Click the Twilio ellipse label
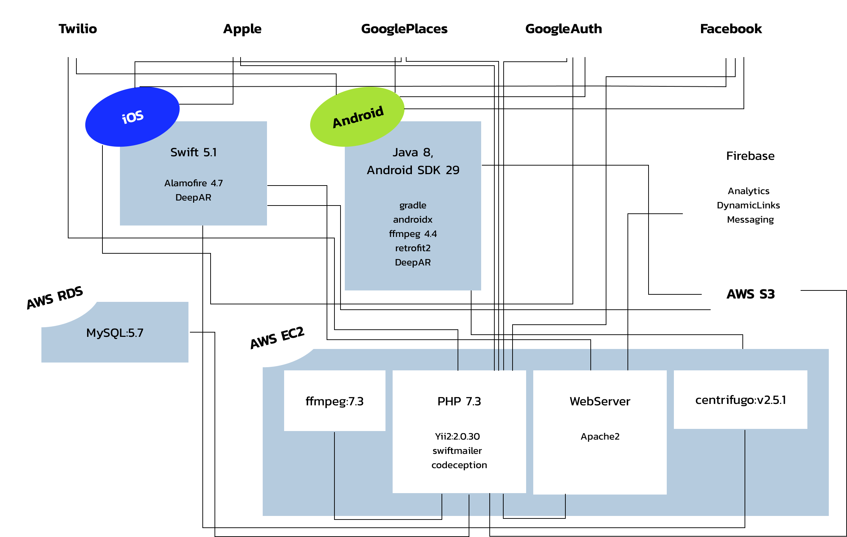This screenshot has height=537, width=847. coord(78,29)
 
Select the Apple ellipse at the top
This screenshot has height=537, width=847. coord(242,29)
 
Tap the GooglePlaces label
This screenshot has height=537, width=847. coord(404,29)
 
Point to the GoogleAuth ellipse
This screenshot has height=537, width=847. coord(564,29)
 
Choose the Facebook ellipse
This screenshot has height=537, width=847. coord(731,29)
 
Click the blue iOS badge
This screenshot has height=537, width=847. coord(132,117)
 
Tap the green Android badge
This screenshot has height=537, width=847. coord(357,117)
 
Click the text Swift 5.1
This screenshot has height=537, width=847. coord(193,152)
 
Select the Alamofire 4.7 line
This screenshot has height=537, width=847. coord(193,183)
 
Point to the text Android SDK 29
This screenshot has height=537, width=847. coord(413,170)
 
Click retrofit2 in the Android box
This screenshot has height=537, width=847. coord(413,248)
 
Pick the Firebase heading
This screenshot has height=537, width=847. coord(750,156)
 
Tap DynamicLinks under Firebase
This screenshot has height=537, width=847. coord(748,205)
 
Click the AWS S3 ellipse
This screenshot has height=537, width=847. coord(750,294)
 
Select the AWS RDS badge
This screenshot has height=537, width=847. coord(54,297)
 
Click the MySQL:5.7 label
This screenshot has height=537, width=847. coord(115,333)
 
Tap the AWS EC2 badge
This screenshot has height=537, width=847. coord(277,337)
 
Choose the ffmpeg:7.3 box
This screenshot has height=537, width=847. coord(334,401)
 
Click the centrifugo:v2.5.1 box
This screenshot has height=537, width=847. coord(740,400)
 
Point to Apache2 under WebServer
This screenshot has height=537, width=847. coord(600,436)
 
